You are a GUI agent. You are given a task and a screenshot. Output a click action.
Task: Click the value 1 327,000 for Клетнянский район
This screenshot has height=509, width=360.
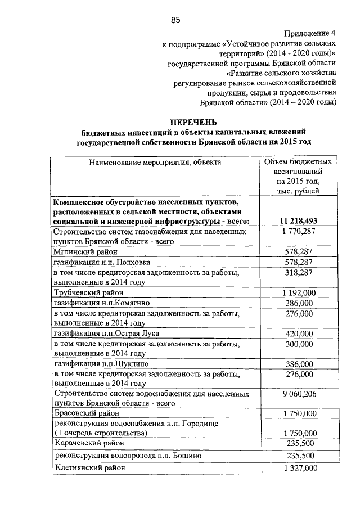coord(299,468)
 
